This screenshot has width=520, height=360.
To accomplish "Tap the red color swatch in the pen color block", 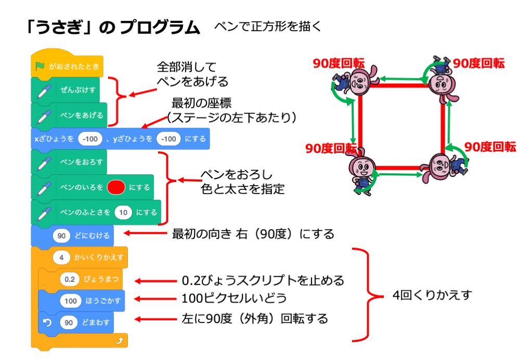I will point(115,187).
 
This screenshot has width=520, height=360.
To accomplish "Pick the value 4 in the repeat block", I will point(61,257).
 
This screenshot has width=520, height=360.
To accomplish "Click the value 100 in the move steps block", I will point(71,301).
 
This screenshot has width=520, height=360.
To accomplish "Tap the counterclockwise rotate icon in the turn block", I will point(47,323).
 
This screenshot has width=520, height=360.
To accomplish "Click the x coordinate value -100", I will point(89,139).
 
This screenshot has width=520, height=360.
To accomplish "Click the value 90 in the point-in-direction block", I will point(61,236).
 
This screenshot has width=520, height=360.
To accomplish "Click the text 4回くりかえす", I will point(432,295).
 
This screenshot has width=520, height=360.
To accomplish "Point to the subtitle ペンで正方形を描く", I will point(267,26).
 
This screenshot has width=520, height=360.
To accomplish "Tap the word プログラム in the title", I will point(160,28).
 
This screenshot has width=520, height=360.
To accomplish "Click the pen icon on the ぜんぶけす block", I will point(44,90).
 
